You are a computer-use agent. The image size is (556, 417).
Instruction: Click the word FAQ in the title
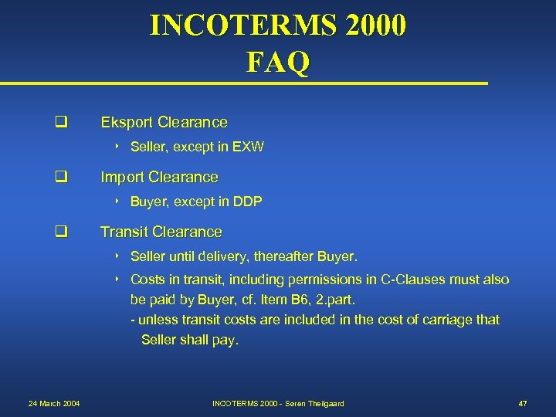coord(278,62)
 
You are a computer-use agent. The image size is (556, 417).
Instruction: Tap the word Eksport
coord(127,122)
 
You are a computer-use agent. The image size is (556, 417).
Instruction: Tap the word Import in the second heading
coord(124,177)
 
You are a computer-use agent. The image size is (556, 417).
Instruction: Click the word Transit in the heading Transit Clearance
coord(124,232)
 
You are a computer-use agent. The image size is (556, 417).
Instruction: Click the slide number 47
coord(522,404)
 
